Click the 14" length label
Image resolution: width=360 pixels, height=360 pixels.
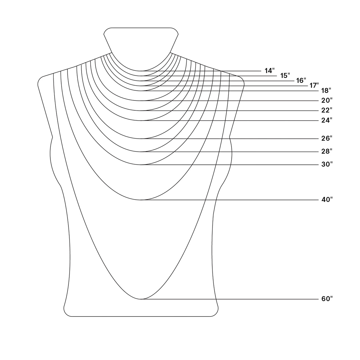coord(270,71)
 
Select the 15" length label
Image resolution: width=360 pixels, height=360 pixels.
coord(285,76)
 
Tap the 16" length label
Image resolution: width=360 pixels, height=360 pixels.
coord(301,80)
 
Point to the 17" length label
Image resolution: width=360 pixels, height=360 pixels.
coord(314,85)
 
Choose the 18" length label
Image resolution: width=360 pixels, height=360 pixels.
coord(326,91)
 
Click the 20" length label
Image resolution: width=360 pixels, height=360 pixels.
coord(327,100)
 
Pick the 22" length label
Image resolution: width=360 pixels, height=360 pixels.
coord(327,110)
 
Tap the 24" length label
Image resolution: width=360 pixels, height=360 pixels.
coord(327,120)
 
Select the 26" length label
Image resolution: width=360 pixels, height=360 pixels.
coord(327,138)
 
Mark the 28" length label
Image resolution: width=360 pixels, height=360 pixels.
coord(327,151)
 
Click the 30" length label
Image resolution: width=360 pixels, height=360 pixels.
coord(327,164)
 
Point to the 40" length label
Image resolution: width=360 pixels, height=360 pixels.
coord(327,200)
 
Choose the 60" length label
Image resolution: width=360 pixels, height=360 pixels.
coord(327,299)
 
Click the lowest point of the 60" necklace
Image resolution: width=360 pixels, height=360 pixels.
coord(141,299)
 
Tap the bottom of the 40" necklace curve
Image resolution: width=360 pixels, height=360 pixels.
coord(141,200)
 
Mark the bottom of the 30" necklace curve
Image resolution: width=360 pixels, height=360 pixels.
coord(141,165)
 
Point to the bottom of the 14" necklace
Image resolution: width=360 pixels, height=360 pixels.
coord(141,71)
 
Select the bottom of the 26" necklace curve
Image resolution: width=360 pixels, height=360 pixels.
coord(141,139)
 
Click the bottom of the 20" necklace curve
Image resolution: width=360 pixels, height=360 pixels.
coord(141,101)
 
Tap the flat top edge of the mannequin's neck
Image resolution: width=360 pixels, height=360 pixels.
coord(141,28)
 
